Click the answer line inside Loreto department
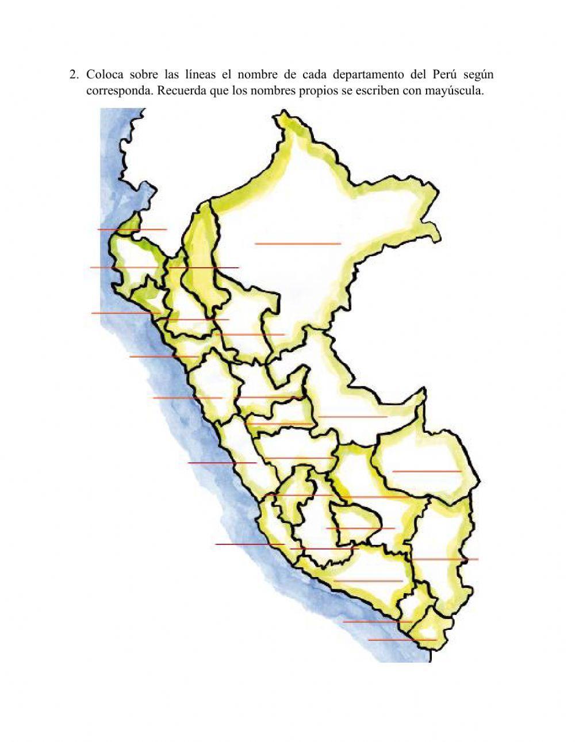(x=298, y=244)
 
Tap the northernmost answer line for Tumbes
(x=132, y=229)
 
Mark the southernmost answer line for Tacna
(x=402, y=639)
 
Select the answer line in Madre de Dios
(x=427, y=471)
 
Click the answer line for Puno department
(x=444, y=559)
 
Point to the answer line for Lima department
(x=222, y=462)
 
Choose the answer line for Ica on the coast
(x=250, y=544)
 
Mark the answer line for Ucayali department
(x=352, y=417)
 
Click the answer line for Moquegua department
(x=377, y=621)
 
